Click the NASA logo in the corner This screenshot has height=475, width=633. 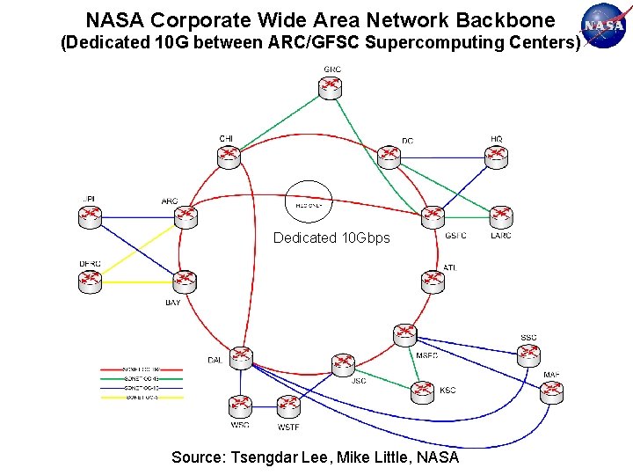604,26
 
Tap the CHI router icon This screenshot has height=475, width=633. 228,156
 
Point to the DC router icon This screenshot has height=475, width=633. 389,156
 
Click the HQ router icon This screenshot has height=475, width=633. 498,156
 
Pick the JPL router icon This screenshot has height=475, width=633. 90,216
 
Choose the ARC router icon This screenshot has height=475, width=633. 185,216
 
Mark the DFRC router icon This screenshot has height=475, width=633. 90,281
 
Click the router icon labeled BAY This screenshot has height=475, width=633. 185,281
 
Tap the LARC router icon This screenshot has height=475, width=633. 501,216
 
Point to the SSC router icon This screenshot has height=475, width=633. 528,354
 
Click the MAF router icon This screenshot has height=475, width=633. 551,392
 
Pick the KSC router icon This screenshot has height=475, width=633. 423,391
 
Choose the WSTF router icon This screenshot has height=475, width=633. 288,406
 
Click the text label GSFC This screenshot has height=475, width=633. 455,236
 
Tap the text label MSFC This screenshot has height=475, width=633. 426,355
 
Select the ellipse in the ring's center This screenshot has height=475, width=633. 309,201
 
